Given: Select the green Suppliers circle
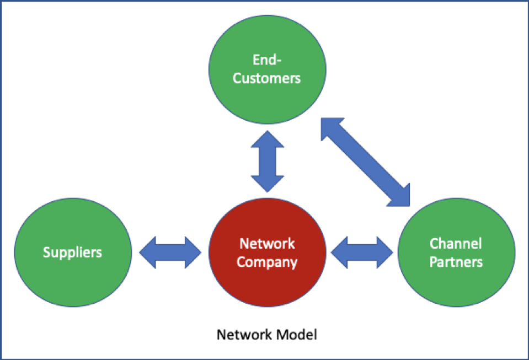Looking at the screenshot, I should [x=72, y=252].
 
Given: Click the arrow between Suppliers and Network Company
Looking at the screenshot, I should [x=170, y=252].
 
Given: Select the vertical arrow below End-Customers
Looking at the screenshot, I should [x=268, y=162].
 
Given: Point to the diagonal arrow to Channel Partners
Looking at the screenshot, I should [x=365, y=161].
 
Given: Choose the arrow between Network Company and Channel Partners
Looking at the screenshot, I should [x=362, y=252].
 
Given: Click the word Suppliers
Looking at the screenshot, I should [x=72, y=252].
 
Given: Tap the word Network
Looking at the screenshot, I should [x=267, y=244].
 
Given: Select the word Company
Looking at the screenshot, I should [x=267, y=262].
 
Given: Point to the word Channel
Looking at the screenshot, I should [x=456, y=244].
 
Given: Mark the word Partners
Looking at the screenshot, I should [x=456, y=261].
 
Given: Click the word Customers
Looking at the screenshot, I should [x=267, y=78].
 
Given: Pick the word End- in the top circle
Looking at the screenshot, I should [x=267, y=60].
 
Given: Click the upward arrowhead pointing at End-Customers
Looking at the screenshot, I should [x=268, y=139].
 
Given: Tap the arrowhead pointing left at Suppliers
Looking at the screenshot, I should [x=148, y=252].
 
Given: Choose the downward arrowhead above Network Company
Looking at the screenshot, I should [x=268, y=184].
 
